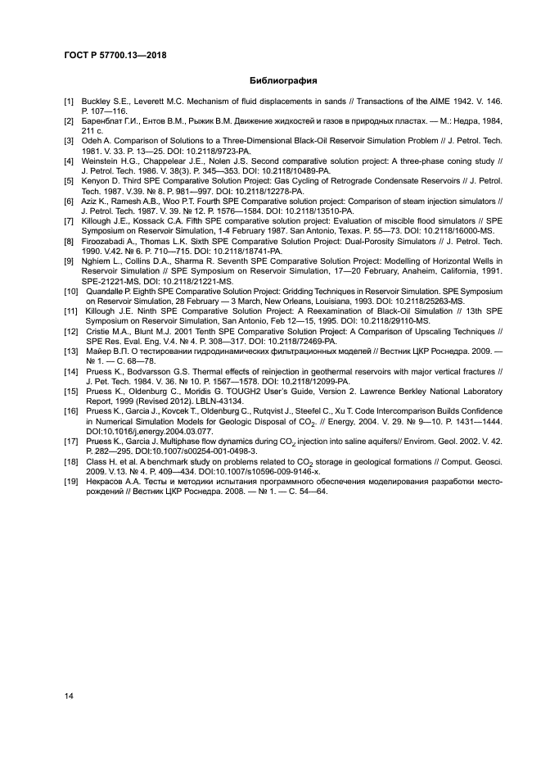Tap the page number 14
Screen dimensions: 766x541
pyautogui.click(x=69, y=696)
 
